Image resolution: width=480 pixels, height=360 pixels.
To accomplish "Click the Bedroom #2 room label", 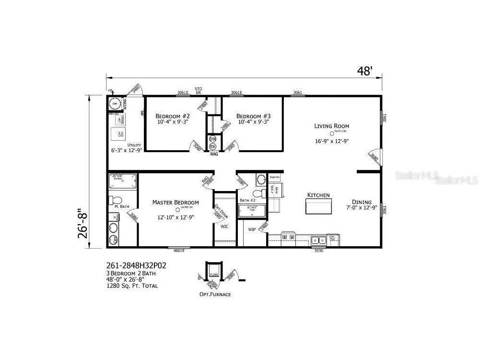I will point(173,116).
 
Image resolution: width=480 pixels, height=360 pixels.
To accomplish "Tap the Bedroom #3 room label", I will point(254,116).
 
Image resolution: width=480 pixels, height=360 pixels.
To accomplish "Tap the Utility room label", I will point(134,145).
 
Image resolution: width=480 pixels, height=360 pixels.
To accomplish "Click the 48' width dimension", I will point(364,72).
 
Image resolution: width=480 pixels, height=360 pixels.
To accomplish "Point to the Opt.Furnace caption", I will point(215,294).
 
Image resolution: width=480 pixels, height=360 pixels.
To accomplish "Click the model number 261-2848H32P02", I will point(136,264).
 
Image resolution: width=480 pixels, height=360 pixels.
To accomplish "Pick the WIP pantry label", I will point(252,229).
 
